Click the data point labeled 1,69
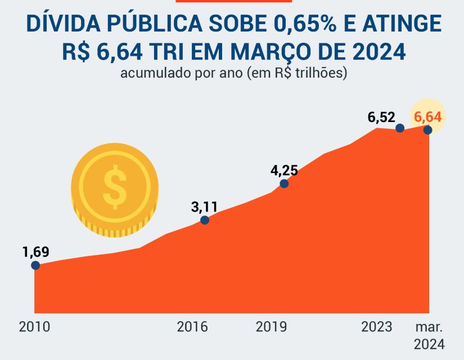pyautogui.click(x=35, y=265)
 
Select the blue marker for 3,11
pyautogui.click(x=205, y=220)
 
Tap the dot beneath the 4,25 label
pyautogui.click(x=285, y=183)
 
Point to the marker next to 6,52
pyautogui.click(x=400, y=128)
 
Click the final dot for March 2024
pyautogui.click(x=427, y=130)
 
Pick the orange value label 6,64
pyautogui.click(x=427, y=117)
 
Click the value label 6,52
pyautogui.click(x=382, y=118)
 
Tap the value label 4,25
pyautogui.click(x=284, y=170)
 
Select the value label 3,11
pyautogui.click(x=204, y=206)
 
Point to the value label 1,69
pyautogui.click(x=36, y=251)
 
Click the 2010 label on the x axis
pyautogui.click(x=34, y=327)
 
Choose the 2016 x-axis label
pyautogui.click(x=192, y=327)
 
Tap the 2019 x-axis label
pyautogui.click(x=272, y=327)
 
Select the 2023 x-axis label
pyautogui.click(x=377, y=327)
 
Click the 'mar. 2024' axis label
pyautogui.click(x=429, y=335)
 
